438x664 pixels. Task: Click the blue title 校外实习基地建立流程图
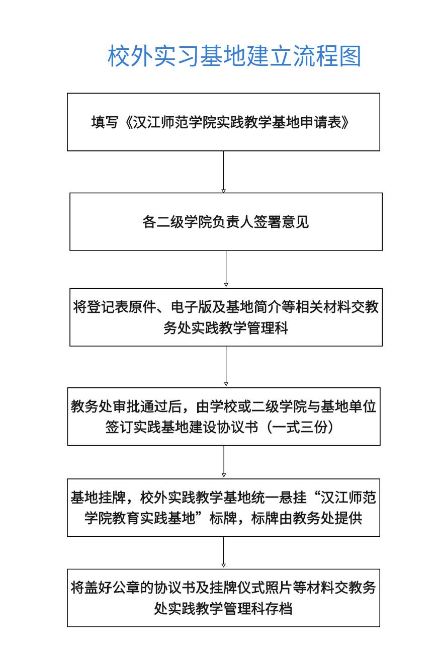[x=234, y=56]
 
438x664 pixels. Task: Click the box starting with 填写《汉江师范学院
[x=223, y=122]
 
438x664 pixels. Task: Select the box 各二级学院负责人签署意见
[x=226, y=221]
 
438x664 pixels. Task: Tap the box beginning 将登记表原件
[x=226, y=317]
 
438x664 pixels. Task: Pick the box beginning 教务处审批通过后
[x=224, y=416]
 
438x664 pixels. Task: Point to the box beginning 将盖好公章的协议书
[x=223, y=598]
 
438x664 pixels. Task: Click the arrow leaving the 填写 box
[x=223, y=172]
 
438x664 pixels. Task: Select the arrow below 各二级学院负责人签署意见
[x=226, y=269]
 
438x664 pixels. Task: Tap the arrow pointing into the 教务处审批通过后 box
[x=226, y=367]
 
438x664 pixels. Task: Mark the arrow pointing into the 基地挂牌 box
[x=223, y=462]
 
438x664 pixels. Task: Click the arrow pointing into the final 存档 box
[x=223, y=552]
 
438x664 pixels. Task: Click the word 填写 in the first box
[x=105, y=122]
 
